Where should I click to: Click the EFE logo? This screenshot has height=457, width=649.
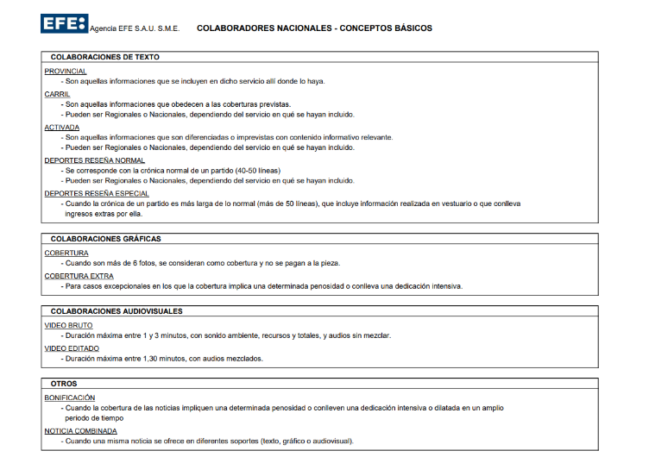(x=64, y=23)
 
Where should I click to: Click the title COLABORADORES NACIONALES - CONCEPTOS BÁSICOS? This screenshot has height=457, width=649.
(x=314, y=28)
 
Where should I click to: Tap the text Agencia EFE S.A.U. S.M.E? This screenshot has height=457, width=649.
(x=135, y=29)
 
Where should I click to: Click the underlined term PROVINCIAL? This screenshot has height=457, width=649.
(x=66, y=71)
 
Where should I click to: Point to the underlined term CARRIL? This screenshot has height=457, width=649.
(x=57, y=93)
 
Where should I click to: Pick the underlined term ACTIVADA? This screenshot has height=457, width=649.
(x=62, y=127)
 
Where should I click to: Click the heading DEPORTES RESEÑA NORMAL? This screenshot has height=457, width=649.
(x=95, y=160)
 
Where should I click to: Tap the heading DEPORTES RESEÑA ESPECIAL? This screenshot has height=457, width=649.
(x=97, y=193)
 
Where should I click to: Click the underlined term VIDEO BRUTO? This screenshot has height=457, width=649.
(x=68, y=325)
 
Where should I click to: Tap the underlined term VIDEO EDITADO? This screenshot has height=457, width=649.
(x=72, y=347)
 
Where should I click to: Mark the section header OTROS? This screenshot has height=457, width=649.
(x=64, y=384)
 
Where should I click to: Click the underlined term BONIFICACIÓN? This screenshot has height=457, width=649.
(x=70, y=398)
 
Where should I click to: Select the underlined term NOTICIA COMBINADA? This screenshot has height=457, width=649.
(x=80, y=430)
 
